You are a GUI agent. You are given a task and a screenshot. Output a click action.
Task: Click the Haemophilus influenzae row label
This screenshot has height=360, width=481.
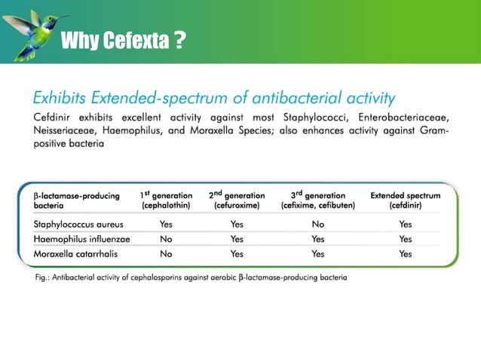point(81,239)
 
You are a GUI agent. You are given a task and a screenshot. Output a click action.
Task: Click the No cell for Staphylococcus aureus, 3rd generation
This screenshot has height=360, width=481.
point(317,224)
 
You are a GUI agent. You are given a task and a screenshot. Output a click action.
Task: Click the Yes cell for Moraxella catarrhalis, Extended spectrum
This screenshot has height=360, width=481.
point(406,254)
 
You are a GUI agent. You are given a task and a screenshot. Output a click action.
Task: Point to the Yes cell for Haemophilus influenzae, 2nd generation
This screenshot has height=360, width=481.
point(237,239)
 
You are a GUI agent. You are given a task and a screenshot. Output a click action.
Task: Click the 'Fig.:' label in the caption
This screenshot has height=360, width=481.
point(44,278)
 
